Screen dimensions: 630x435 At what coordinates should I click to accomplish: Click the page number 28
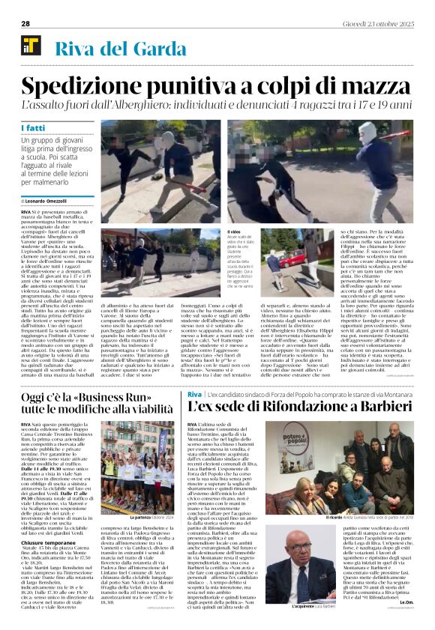[25, 24]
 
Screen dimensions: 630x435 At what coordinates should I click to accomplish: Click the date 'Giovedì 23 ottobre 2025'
[382, 24]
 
